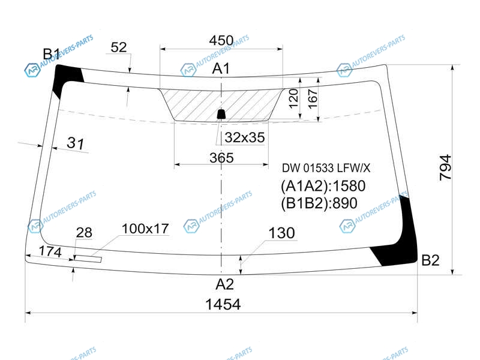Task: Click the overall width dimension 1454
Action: pyautogui.click(x=223, y=304)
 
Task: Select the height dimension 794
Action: pyautogui.click(x=445, y=167)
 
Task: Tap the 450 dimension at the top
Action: pyautogui.click(x=221, y=40)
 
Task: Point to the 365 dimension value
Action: pyautogui.click(x=221, y=158)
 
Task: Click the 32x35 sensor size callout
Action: pyautogui.click(x=245, y=137)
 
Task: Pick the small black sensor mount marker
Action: pyautogui.click(x=221, y=114)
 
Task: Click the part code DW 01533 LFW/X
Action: pyautogui.click(x=326, y=168)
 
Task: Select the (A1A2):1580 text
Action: pyautogui.click(x=323, y=186)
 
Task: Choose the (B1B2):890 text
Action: pyautogui.click(x=319, y=203)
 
